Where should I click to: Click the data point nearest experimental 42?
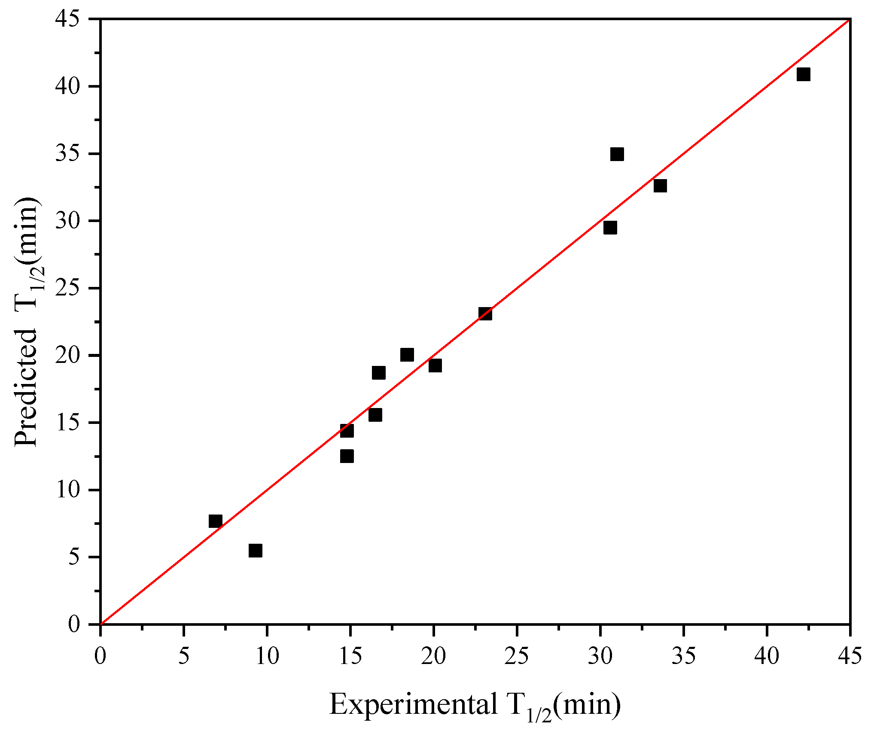(x=803, y=74)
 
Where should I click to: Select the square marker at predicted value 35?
(x=617, y=154)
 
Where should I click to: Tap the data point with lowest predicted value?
(x=255, y=550)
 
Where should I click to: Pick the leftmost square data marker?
(x=215, y=521)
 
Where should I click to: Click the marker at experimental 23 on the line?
(x=485, y=314)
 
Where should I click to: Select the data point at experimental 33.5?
(x=660, y=186)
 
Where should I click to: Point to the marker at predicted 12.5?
(x=347, y=456)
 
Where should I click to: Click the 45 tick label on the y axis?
(x=67, y=19)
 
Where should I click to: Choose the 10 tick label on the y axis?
(x=67, y=490)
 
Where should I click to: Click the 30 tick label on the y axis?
(x=67, y=221)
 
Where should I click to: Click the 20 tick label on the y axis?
(x=67, y=355)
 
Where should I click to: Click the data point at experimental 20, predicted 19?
(x=435, y=365)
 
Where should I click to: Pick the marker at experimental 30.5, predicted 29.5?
(x=610, y=227)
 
